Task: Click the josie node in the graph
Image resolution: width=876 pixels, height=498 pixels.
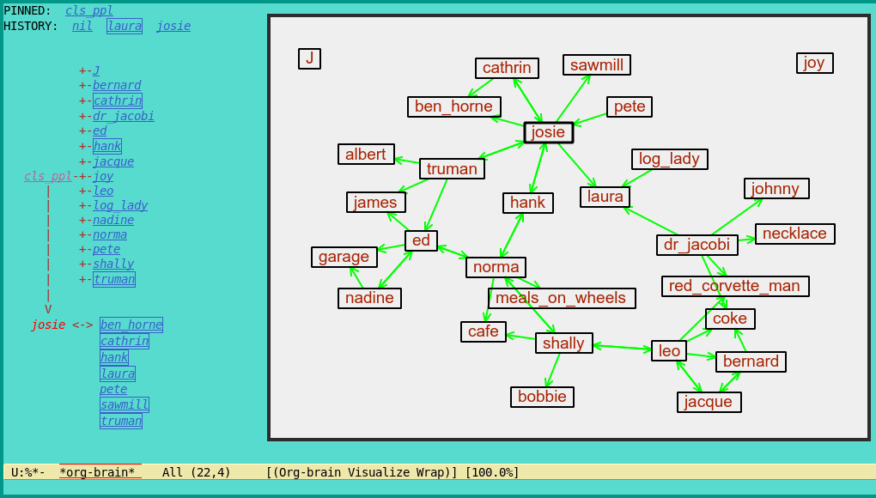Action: pyautogui.click(x=548, y=132)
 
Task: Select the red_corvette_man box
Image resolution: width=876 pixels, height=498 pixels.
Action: pyautogui.click(x=734, y=286)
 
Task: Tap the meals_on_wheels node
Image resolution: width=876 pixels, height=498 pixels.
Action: pyautogui.click(x=561, y=298)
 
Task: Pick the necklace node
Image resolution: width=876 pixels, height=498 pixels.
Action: pyautogui.click(x=794, y=234)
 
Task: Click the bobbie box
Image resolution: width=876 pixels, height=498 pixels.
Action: pyautogui.click(x=542, y=397)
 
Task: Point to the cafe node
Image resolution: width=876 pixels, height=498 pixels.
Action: pyautogui.click(x=484, y=331)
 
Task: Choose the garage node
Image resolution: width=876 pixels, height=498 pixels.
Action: pyautogui.click(x=344, y=257)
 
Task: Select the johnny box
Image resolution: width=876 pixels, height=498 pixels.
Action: pyautogui.click(x=776, y=189)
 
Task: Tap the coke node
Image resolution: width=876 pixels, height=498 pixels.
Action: pyautogui.click(x=730, y=319)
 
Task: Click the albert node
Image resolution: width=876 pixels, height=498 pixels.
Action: pyautogui.click(x=366, y=155)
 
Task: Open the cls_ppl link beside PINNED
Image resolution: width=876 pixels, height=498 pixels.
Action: pyautogui.click(x=89, y=10)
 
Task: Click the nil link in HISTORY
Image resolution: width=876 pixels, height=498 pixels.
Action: pyautogui.click(x=82, y=26)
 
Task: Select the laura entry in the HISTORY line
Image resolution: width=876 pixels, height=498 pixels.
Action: pyautogui.click(x=125, y=26)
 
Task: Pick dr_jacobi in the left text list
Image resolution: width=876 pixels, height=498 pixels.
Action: pyautogui.click(x=124, y=116)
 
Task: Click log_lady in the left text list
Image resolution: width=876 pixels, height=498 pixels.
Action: pyautogui.click(x=120, y=205)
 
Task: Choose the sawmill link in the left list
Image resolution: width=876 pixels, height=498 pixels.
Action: pyautogui.click(x=124, y=404)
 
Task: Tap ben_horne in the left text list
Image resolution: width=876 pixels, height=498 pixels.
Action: pyautogui.click(x=131, y=325)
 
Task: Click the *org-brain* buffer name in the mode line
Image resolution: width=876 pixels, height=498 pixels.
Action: pyautogui.click(x=97, y=472)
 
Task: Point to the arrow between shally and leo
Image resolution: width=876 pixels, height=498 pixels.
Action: pyautogui.click(x=622, y=347)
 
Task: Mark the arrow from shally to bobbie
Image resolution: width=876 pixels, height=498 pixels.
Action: pyautogui.click(x=552, y=370)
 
